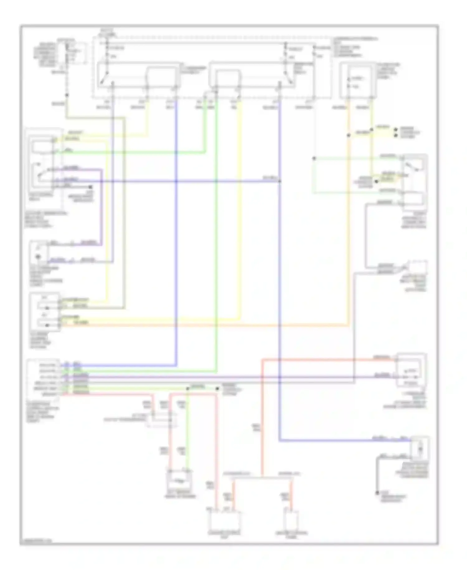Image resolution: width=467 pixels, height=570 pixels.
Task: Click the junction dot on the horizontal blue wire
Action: [280, 181]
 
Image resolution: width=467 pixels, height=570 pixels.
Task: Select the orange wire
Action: [205, 325]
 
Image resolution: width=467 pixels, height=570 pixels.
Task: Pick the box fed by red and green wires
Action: [180, 481]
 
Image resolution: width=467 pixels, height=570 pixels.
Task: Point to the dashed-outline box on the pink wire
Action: [162, 420]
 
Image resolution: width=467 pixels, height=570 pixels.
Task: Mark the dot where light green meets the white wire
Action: [314, 158]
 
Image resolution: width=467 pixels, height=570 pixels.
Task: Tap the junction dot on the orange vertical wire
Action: [348, 135]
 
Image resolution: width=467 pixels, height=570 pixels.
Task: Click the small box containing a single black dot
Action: [39, 253]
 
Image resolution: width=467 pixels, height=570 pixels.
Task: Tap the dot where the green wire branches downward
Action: [188, 389]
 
